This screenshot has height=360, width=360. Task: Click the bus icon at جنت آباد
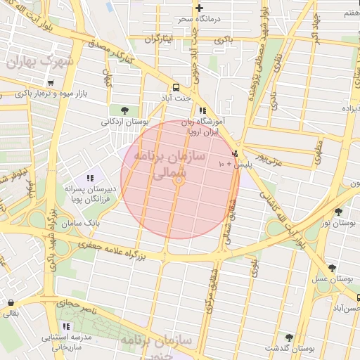point(175,88)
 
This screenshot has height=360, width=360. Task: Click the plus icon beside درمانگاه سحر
point(199,8)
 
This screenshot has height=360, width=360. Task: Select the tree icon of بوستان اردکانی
point(124,110)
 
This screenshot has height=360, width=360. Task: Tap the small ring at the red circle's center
point(179,180)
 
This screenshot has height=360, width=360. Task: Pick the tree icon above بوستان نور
point(339,212)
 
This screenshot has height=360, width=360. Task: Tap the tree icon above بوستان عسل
point(332,268)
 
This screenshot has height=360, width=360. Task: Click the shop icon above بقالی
point(10,303)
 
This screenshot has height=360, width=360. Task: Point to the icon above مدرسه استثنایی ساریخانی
point(66,326)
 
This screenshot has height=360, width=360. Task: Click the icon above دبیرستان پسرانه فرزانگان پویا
point(89,179)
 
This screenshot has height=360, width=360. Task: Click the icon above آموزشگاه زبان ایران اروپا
point(202,110)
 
